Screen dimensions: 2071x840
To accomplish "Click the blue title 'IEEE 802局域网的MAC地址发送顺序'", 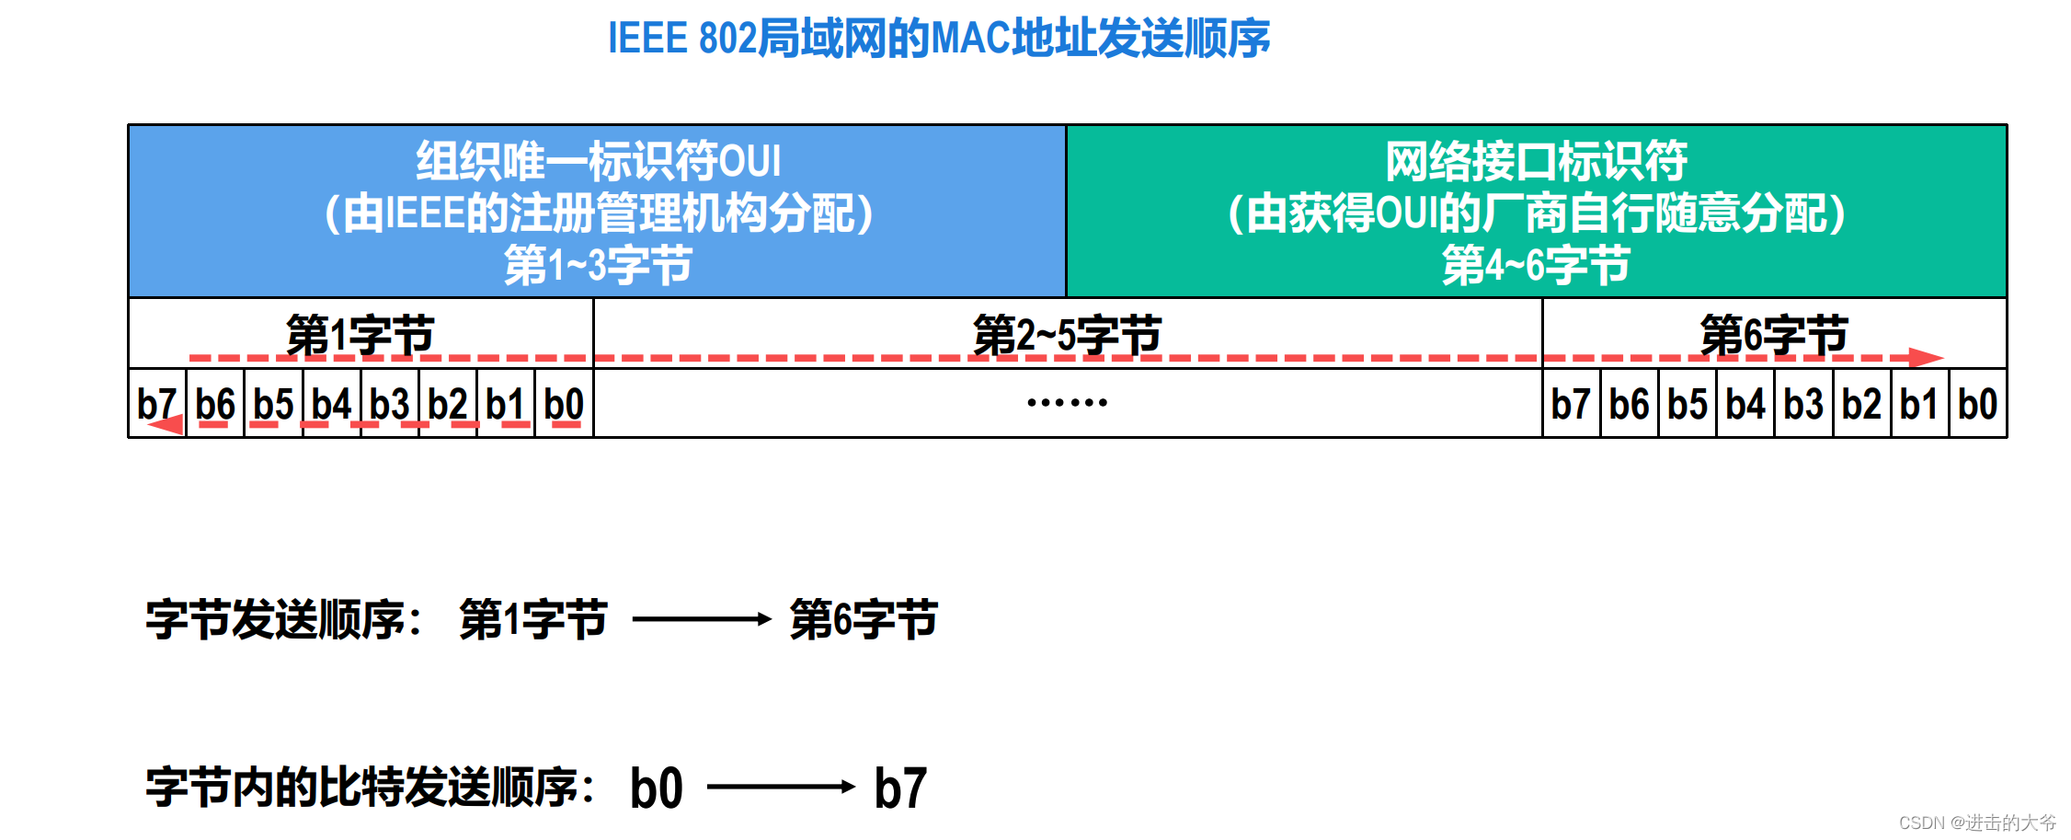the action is click(938, 39).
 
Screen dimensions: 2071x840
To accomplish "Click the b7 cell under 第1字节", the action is click(156, 404).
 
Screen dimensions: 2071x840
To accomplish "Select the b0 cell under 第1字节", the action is click(564, 404).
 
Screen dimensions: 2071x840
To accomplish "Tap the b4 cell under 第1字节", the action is click(331, 404).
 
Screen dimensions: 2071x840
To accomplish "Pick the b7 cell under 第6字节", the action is click(1571, 404).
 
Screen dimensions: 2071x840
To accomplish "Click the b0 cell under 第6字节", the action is click(1977, 404).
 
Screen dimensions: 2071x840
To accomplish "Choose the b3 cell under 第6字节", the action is click(1803, 404).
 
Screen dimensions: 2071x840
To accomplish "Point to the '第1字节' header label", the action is click(360, 334).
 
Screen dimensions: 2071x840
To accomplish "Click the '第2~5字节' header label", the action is click(1067, 334).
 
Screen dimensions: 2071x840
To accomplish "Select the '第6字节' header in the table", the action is click(1774, 334).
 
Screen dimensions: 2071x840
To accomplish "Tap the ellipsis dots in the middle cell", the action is click(1067, 403).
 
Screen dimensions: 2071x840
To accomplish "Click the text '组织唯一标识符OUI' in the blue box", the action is click(598, 161).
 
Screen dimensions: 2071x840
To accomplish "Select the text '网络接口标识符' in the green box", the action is click(1536, 161).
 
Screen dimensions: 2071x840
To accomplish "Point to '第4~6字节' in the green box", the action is click(1536, 266).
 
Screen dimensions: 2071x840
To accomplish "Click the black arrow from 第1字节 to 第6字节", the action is click(701, 619).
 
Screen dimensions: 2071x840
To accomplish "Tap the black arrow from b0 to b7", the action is click(781, 787).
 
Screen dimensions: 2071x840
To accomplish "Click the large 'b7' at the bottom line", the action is click(900, 788).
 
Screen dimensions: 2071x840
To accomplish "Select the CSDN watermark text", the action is click(1977, 822).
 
